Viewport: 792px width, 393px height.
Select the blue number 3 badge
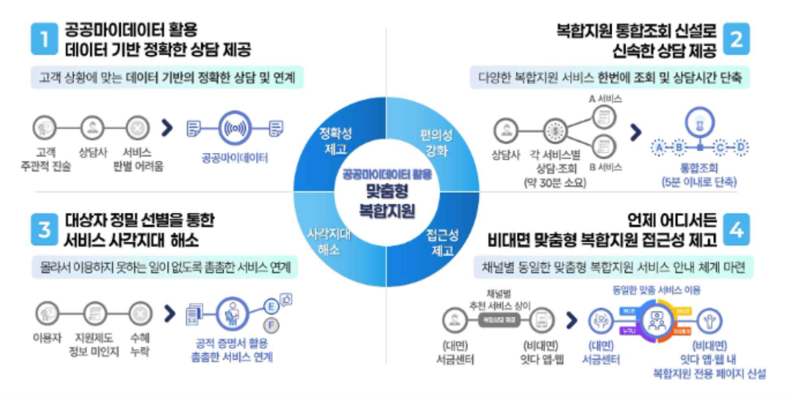coord(45,230)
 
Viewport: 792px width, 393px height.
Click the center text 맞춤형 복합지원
coord(387,201)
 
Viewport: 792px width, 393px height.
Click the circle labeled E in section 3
coord(272,307)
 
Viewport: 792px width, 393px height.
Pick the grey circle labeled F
coord(272,326)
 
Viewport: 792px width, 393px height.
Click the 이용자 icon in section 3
coord(46,313)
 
